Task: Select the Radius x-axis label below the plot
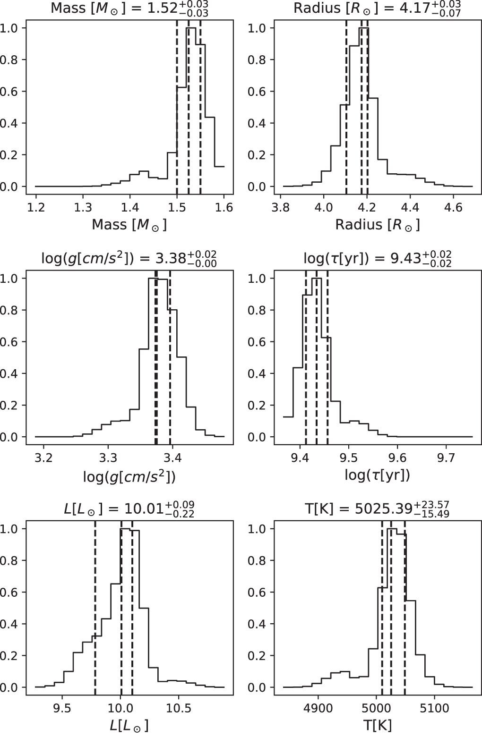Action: click(377, 225)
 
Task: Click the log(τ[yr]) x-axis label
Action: click(377, 475)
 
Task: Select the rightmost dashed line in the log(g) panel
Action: click(170, 354)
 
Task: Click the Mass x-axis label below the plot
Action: click(129, 225)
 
